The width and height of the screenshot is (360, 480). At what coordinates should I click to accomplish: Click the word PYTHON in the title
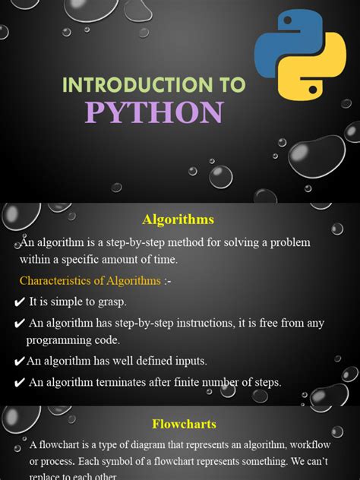coord(154,112)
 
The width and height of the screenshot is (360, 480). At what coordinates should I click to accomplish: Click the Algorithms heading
coord(178,219)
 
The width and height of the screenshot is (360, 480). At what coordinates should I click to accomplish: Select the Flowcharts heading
coord(185,424)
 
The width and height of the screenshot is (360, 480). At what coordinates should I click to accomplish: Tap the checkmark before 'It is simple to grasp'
coord(19,302)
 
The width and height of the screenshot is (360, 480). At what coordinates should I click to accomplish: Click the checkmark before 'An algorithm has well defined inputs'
coord(19,362)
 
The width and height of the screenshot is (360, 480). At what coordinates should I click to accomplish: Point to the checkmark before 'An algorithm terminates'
coord(19,383)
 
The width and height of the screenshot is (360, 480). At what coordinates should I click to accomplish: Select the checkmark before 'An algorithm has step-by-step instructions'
coord(19,324)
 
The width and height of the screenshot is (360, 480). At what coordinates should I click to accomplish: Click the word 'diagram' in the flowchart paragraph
coord(138,445)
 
